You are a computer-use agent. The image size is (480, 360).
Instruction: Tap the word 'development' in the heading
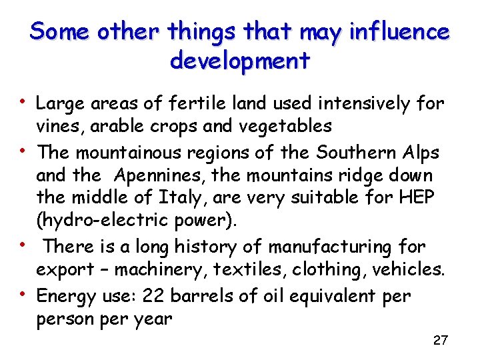pyautogui.click(x=240, y=61)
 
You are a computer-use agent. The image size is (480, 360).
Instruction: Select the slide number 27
pyautogui.click(x=440, y=341)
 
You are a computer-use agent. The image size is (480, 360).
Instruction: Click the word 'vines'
pyautogui.click(x=55, y=126)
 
